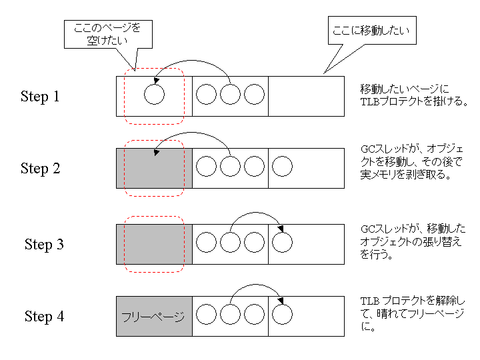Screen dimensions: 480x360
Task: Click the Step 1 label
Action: click(40, 97)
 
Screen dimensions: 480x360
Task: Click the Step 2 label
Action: click(40, 169)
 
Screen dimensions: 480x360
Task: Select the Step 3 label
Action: click(44, 244)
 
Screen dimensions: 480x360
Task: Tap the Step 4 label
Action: click(44, 316)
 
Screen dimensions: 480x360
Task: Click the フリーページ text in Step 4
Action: click(153, 317)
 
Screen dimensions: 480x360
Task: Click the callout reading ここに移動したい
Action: click(372, 30)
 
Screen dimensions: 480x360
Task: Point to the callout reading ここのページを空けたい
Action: click(108, 34)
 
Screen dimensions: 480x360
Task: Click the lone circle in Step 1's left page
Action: click(154, 94)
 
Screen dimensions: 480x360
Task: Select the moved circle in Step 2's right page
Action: click(282, 166)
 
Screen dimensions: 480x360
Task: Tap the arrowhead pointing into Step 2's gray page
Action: click(157, 153)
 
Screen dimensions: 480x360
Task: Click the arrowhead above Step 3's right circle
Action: click(281, 229)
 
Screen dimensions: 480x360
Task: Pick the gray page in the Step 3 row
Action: click(154, 244)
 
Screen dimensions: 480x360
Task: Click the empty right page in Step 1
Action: click(306, 97)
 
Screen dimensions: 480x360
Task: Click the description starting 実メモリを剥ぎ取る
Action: click(405, 175)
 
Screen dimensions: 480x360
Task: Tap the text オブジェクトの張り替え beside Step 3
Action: click(411, 242)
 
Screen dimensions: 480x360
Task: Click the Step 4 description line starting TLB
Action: click(413, 301)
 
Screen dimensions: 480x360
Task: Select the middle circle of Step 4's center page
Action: click(230, 315)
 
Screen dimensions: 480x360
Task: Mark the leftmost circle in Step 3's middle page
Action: click(206, 242)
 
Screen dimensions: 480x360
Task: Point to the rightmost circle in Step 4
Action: click(282, 315)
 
